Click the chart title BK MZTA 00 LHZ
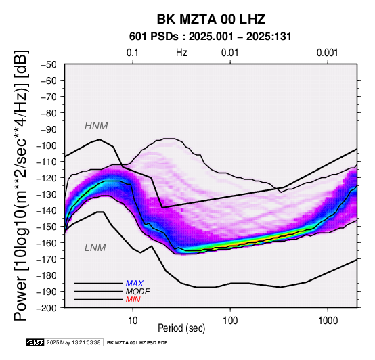pyautogui.click(x=211, y=19)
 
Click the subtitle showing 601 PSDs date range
pyautogui.click(x=211, y=37)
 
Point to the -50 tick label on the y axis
pyautogui.click(x=48, y=64)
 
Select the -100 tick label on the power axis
pyautogui.click(x=47, y=145)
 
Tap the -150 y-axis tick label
pyautogui.click(x=47, y=227)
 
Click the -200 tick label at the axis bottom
pyautogui.click(x=47, y=308)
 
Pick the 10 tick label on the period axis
pyautogui.click(x=133, y=321)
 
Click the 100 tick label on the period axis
pyautogui.click(x=230, y=321)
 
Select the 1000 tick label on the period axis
pyautogui.click(x=328, y=321)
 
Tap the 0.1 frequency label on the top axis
pyautogui.click(x=133, y=53)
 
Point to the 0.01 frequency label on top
pyautogui.click(x=230, y=53)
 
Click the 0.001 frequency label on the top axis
pyautogui.click(x=327, y=53)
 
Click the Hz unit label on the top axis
pyautogui.click(x=181, y=53)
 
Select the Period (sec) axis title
pyautogui.click(x=181, y=328)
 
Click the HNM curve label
pyautogui.click(x=96, y=126)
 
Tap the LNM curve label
pyautogui.click(x=95, y=248)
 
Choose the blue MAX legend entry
pyautogui.click(x=135, y=284)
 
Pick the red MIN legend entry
pyautogui.click(x=133, y=300)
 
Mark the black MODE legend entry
pyautogui.click(x=138, y=292)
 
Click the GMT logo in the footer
pyautogui.click(x=35, y=342)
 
